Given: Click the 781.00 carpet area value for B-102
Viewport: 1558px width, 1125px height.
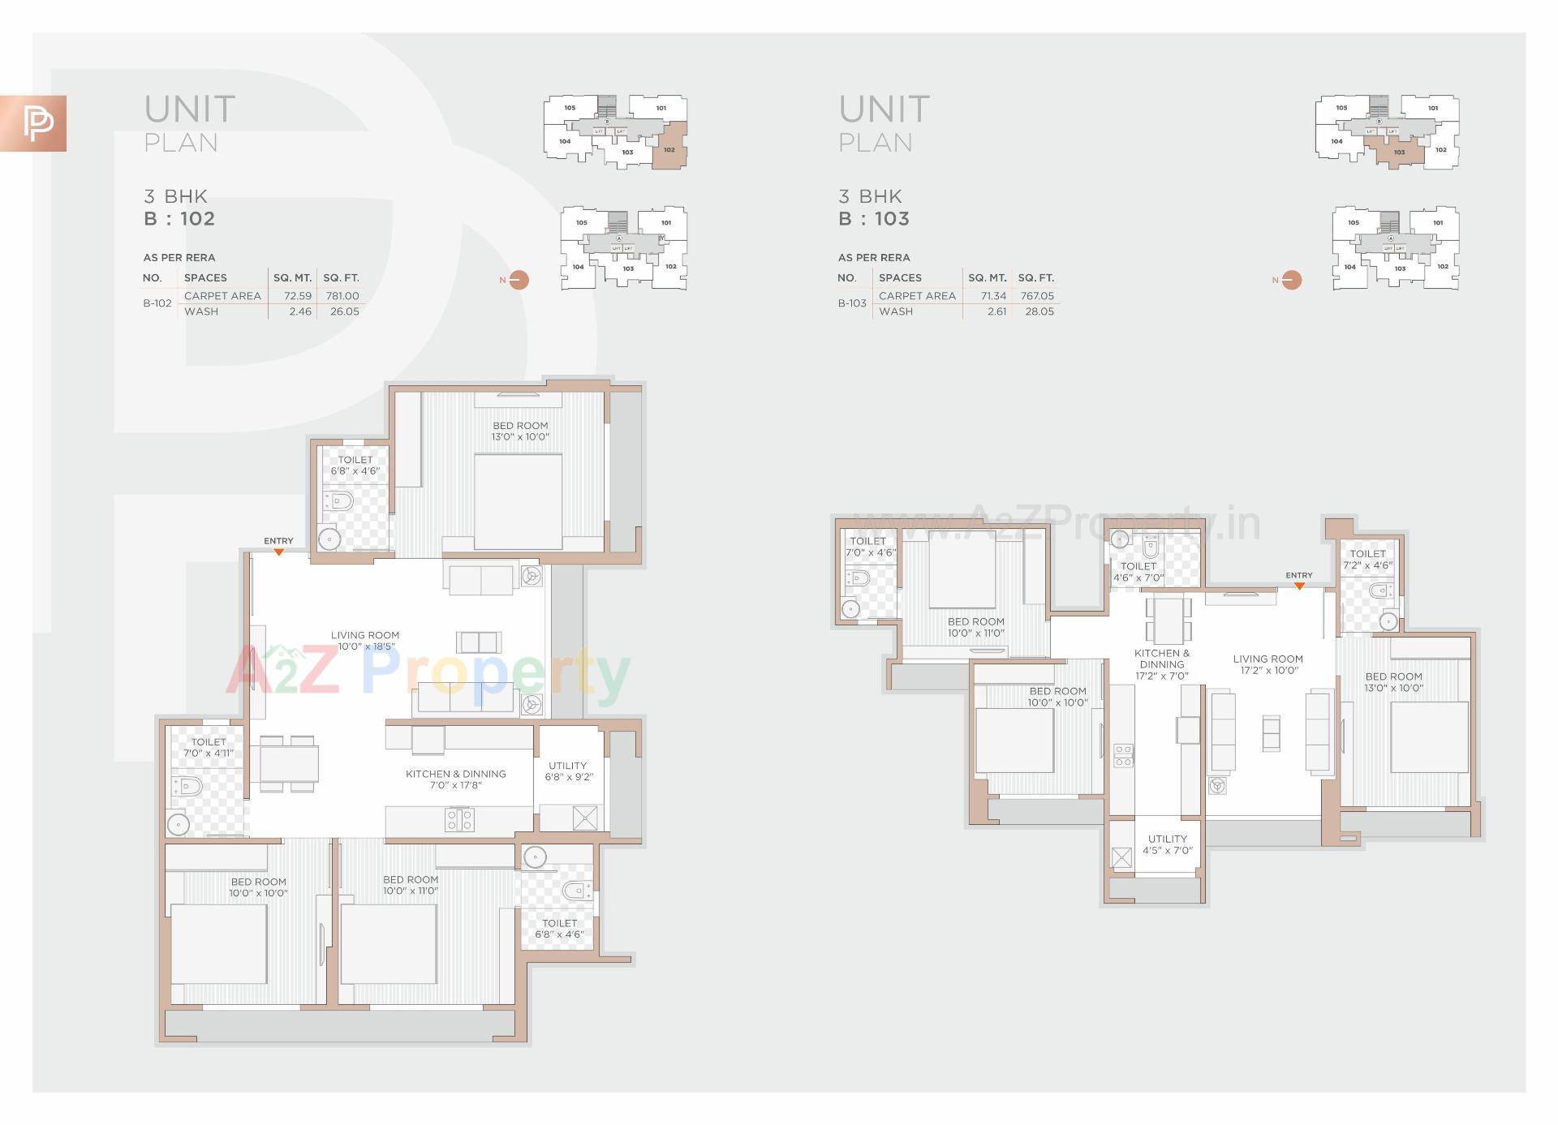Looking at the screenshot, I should pos(342,296).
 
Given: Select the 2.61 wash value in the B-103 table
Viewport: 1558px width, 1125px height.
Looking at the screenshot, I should pos(996,311).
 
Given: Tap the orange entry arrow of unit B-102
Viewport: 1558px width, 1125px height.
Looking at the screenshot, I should pos(278,552).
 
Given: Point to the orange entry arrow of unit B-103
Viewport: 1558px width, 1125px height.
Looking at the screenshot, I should pos(1299,585).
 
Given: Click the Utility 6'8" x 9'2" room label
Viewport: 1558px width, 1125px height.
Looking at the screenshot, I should pos(568,771).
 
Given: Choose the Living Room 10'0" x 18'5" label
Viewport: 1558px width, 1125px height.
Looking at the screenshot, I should pos(365,641).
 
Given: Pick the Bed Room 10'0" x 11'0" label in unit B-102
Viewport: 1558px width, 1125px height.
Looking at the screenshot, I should pos(411,885).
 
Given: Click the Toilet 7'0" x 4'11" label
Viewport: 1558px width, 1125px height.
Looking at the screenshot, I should pos(209,747).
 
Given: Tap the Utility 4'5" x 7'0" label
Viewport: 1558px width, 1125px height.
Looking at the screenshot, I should pos(1168,844).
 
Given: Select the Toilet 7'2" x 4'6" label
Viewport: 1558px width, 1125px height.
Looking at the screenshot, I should pos(1367,560).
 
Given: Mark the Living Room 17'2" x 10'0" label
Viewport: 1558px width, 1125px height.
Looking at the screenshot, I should pos(1268,664).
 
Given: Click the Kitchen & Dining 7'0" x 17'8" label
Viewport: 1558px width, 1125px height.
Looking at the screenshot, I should pos(456,779).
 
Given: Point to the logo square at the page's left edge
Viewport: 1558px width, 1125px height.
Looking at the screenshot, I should pos(33,123).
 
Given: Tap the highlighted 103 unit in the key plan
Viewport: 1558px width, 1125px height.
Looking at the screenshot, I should pos(1398,152).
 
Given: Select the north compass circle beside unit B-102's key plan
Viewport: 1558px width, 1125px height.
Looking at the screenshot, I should pos(519,280).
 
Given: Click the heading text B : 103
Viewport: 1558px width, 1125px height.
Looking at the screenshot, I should pos(874,219).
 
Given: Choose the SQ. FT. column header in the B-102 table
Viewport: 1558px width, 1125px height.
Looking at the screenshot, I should pos(341,277).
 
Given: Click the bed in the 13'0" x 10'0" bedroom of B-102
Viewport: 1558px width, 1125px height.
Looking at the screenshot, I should pos(518,501).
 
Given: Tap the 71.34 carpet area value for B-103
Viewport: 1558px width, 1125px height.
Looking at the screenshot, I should pos(993,296).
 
